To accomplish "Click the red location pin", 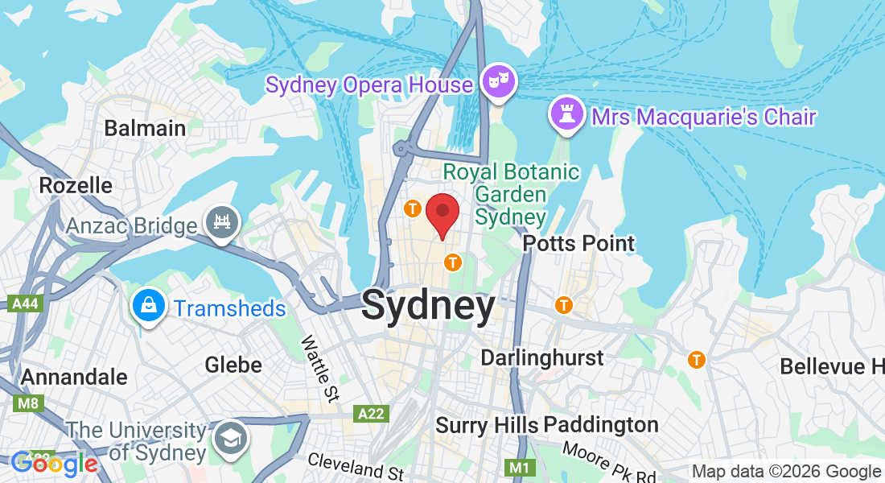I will point(442,213).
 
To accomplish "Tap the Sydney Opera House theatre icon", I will point(499,81).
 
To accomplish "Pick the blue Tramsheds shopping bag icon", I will point(150,306).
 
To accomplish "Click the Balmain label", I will point(145,128).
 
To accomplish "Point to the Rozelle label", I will point(76,185).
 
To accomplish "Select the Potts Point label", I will point(578,243).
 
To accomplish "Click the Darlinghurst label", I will point(541,357).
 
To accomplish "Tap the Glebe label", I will point(233,365).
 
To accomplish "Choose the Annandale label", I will point(74,377).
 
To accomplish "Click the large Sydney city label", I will point(428,307).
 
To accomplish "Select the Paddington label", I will point(603,424).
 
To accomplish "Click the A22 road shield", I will point(371,413).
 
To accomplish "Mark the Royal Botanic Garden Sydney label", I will point(511,194).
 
